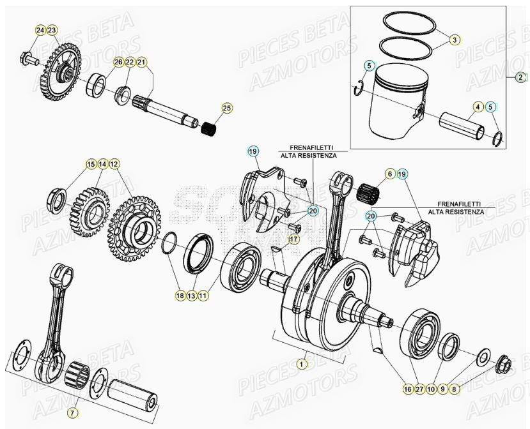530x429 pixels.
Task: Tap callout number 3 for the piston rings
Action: (x=453, y=40)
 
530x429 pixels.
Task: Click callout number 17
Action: (x=389, y=174)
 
